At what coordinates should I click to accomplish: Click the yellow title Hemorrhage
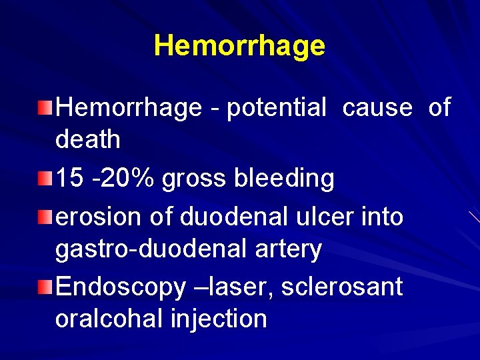[239, 46]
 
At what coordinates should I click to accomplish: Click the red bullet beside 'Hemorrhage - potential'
[43, 107]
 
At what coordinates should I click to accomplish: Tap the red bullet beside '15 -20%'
[43, 178]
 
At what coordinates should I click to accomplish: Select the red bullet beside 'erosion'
[43, 216]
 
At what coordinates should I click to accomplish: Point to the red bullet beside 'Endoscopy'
[43, 287]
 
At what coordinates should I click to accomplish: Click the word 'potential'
[277, 108]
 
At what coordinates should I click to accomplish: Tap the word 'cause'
[377, 107]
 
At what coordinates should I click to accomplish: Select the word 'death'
[88, 140]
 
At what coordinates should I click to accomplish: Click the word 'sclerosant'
[342, 287]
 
